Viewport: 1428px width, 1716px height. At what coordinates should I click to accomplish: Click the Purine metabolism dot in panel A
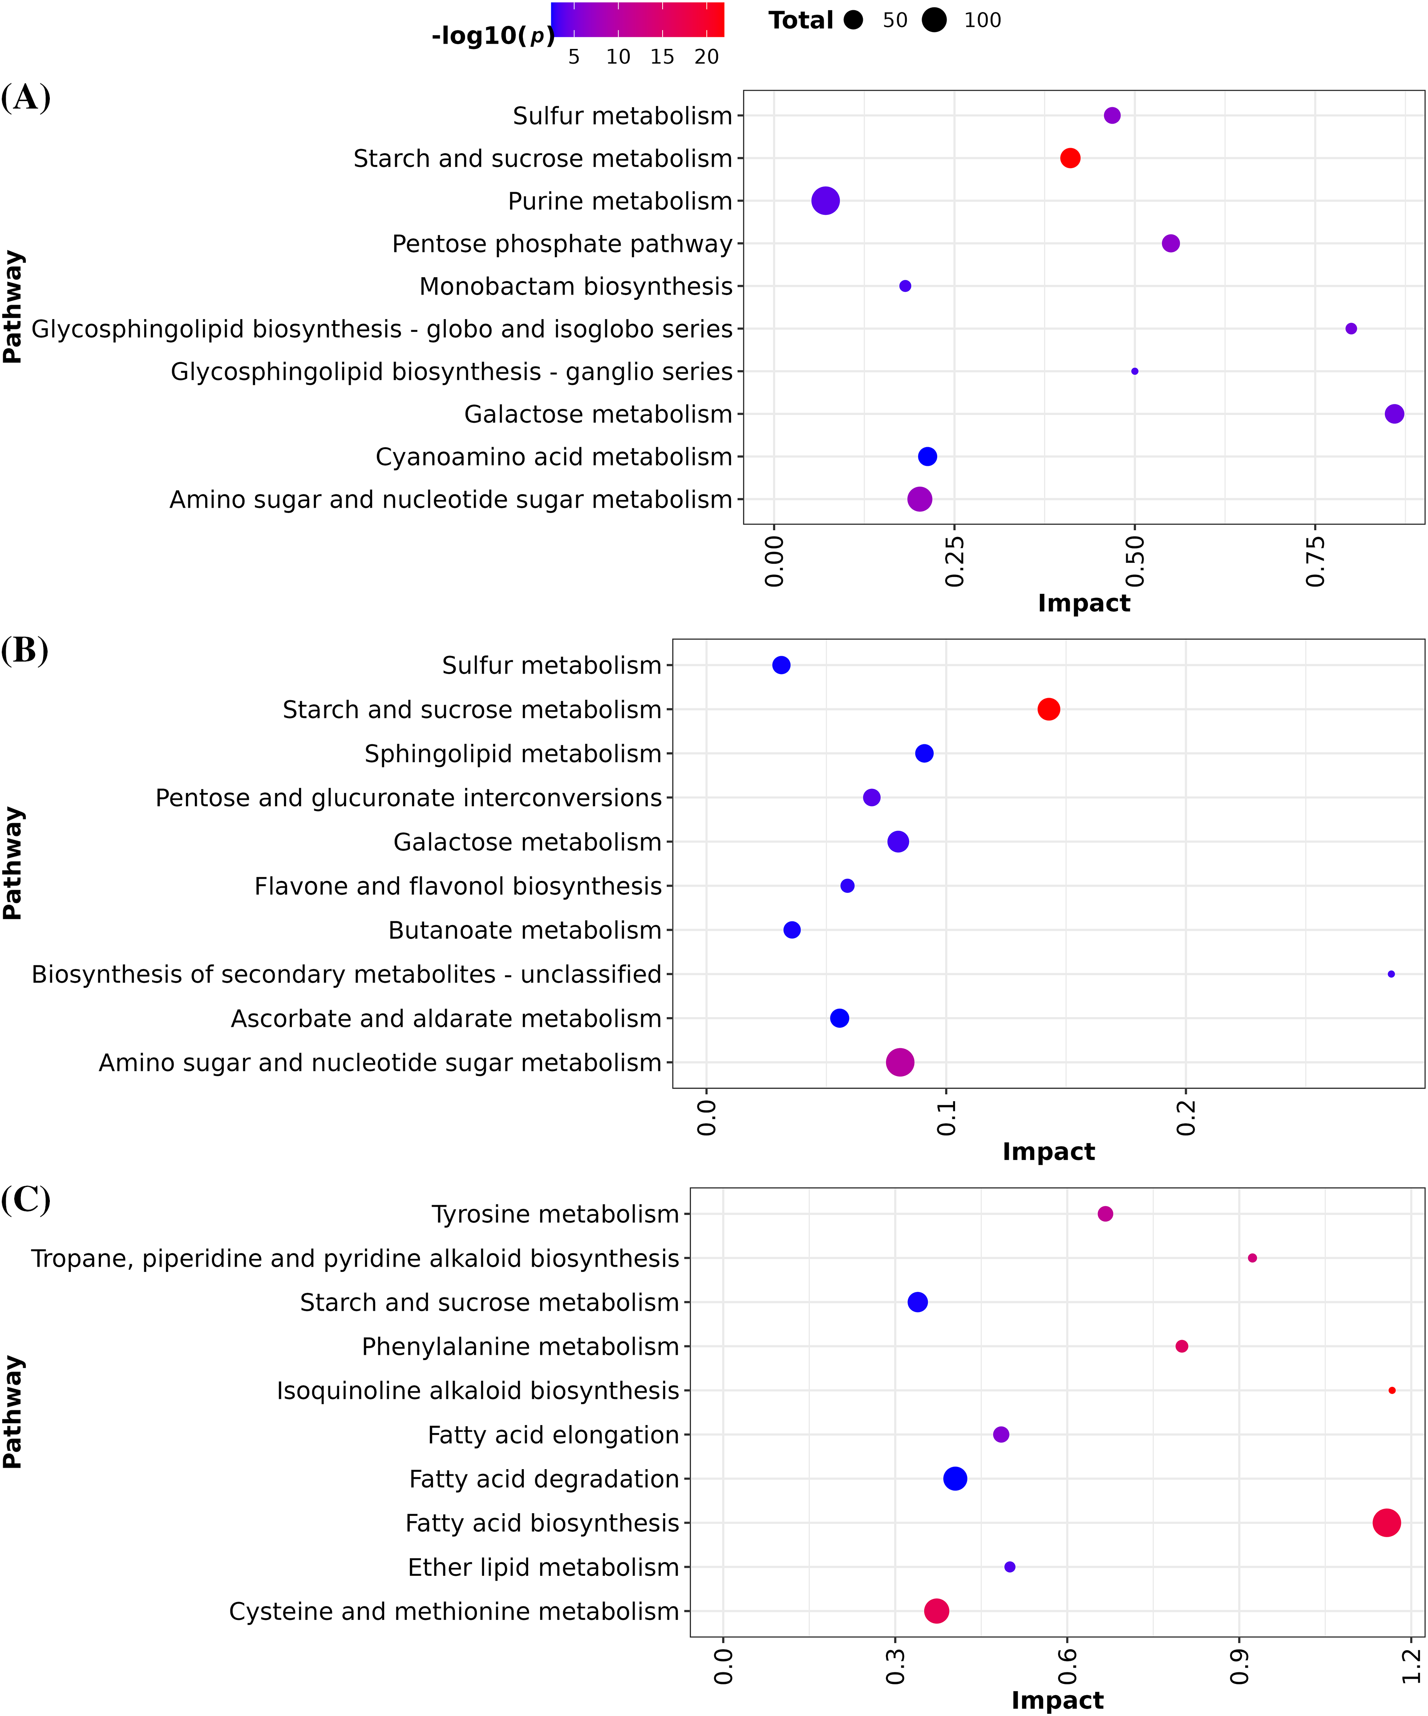pyautogui.click(x=825, y=201)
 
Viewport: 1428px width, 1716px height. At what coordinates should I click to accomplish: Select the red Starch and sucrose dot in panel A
pyautogui.click(x=1070, y=158)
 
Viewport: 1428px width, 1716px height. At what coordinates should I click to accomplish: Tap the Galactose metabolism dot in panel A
pyautogui.click(x=1395, y=414)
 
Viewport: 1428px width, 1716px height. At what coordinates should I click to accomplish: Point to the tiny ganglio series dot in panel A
pyautogui.click(x=1135, y=372)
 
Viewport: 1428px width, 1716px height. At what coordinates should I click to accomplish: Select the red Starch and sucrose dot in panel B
pyautogui.click(x=1049, y=709)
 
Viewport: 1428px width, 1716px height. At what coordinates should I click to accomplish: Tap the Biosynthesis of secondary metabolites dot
pyautogui.click(x=1391, y=974)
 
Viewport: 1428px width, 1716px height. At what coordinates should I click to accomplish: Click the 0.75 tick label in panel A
pyautogui.click(x=1315, y=561)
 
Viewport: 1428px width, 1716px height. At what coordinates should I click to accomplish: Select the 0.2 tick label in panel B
pyautogui.click(x=1186, y=1118)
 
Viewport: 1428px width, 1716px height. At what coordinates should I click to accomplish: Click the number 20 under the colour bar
pyautogui.click(x=706, y=57)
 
